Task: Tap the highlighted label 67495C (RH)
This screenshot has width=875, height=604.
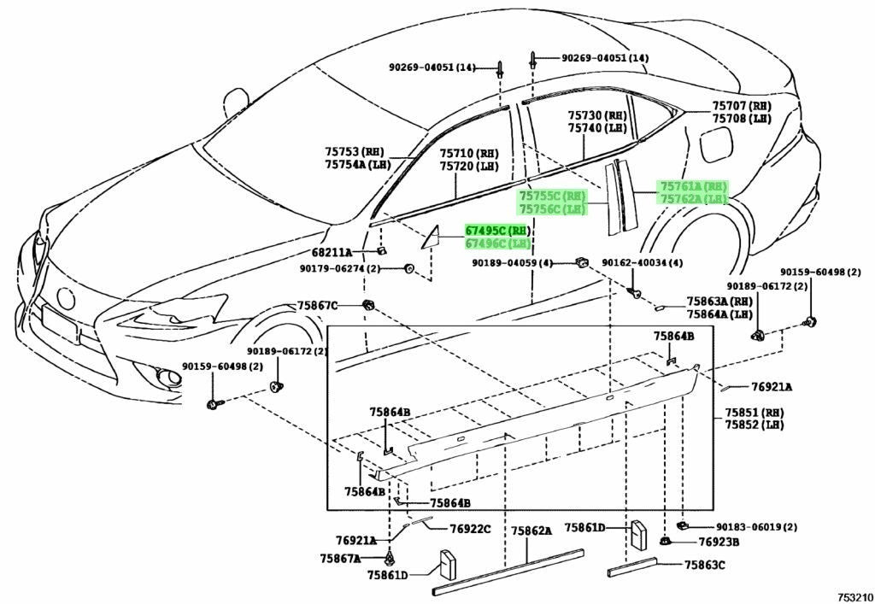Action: pyautogui.click(x=498, y=231)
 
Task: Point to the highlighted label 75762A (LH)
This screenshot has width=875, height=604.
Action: pyautogui.click(x=694, y=199)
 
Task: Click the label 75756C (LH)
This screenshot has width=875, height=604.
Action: pyautogui.click(x=553, y=209)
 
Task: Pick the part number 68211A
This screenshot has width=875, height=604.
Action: pyautogui.click(x=332, y=253)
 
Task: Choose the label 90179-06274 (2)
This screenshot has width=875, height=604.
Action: pyautogui.click(x=340, y=269)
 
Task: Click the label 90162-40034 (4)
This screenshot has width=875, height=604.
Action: pyautogui.click(x=643, y=262)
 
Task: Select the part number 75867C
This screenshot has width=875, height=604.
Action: pyautogui.click(x=318, y=306)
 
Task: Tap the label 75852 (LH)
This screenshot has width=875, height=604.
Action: pyautogui.click(x=755, y=425)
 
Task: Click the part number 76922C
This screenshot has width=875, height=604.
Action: pyautogui.click(x=471, y=529)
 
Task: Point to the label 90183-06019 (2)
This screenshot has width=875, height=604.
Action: pyautogui.click(x=757, y=527)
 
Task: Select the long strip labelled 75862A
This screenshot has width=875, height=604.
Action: pyautogui.click(x=508, y=572)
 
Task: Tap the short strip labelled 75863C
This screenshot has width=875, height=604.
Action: pyautogui.click(x=632, y=566)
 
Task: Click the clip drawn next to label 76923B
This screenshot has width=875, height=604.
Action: pyautogui.click(x=665, y=540)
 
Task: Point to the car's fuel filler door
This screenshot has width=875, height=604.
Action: pyautogui.click(x=714, y=144)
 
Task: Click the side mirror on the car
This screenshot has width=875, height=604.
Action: pyautogui.click(x=237, y=104)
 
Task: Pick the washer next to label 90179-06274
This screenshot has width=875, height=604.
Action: pyautogui.click(x=409, y=269)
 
